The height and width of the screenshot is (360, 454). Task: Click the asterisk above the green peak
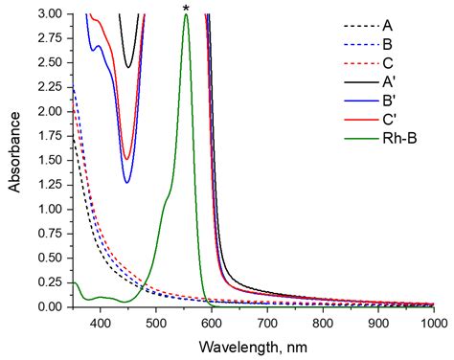(186, 9)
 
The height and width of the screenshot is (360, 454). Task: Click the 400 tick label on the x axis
(101, 324)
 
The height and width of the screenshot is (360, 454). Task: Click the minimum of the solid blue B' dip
(126, 182)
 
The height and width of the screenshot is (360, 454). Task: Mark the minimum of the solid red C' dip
(126, 159)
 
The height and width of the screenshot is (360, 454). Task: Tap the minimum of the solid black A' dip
(128, 67)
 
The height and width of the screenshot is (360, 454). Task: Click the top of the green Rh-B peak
(186, 15)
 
